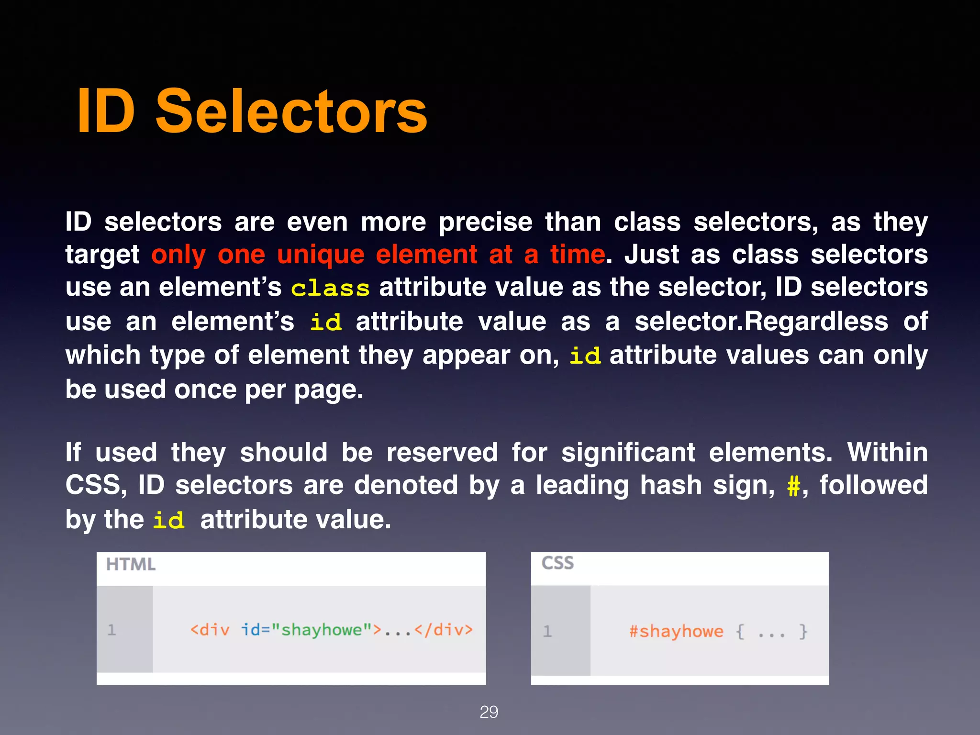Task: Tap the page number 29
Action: pos(489,712)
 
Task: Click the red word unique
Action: pos(321,255)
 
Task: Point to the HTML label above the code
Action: pos(131,565)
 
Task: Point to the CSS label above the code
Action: pos(557,563)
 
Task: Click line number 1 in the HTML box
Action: pos(112,630)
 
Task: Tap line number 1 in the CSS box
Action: pos(547,631)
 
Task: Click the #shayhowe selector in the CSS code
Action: pos(676,632)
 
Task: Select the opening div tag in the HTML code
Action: pos(210,630)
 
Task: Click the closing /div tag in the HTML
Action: pos(444,630)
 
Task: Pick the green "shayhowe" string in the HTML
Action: pos(322,630)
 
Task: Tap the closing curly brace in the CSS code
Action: pos(803,632)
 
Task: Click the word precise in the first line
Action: pos(485,223)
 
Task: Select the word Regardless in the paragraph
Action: pos(816,322)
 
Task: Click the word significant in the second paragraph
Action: pos(628,453)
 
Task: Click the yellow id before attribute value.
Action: pos(168,521)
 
